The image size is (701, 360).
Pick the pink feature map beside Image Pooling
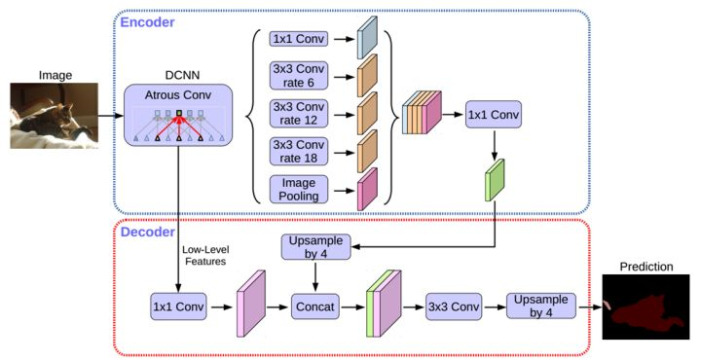tap(368, 189)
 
